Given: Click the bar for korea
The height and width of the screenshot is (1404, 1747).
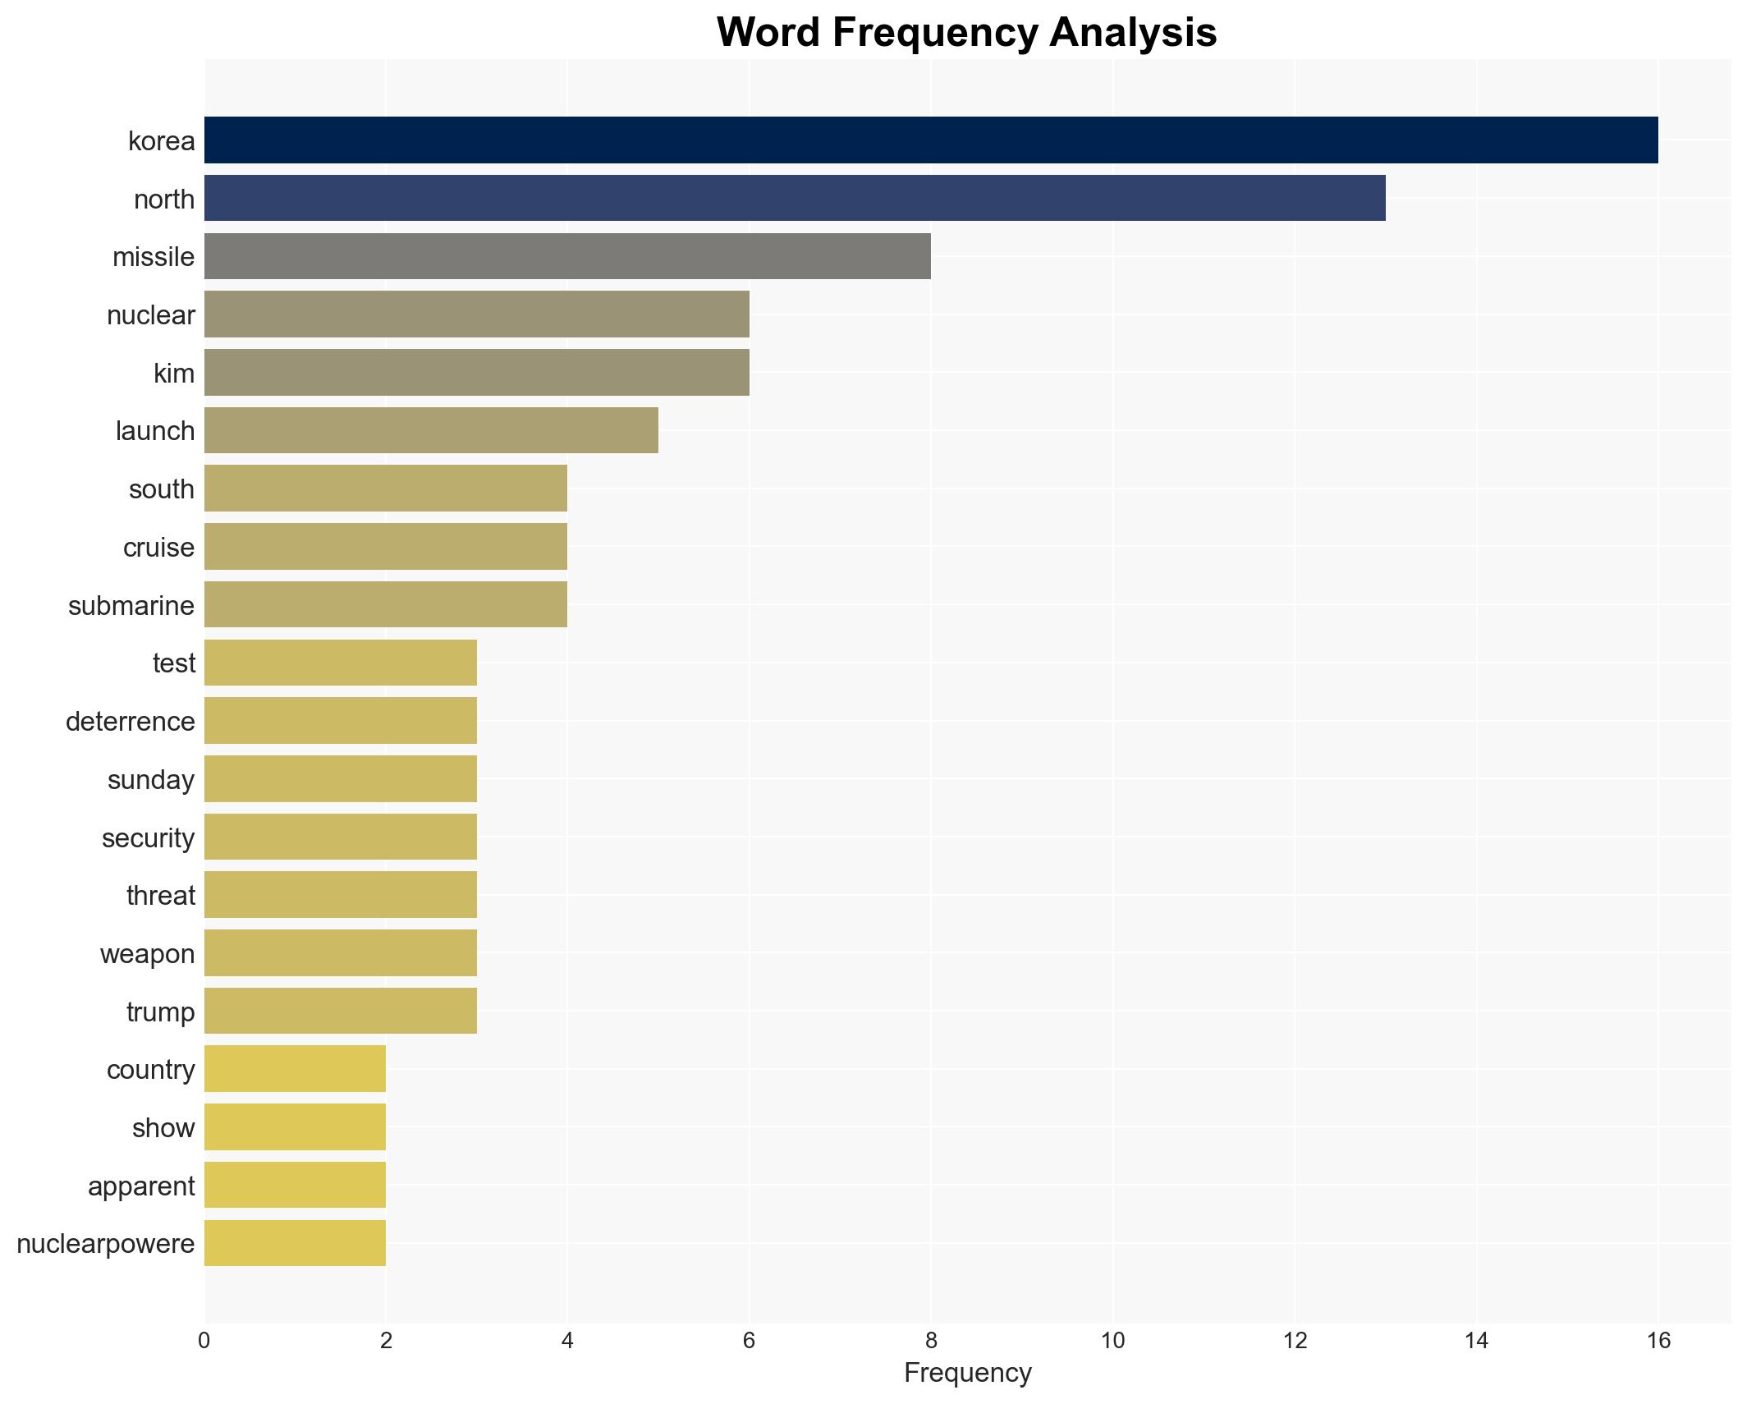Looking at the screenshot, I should point(930,140).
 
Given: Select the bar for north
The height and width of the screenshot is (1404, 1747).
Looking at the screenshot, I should point(794,199).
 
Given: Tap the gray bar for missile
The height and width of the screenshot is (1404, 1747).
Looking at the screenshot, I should point(566,257).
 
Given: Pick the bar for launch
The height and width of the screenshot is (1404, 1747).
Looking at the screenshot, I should point(430,431).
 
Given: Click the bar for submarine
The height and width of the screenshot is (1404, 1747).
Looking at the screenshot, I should point(385,605).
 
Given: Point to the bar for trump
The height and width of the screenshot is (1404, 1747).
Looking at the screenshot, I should point(340,1012).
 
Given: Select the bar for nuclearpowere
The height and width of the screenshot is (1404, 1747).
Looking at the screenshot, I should point(295,1244).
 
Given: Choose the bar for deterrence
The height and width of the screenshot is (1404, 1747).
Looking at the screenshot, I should point(340,721).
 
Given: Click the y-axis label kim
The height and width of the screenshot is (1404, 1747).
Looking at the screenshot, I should point(174,374).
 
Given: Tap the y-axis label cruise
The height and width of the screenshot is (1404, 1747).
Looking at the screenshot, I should point(158,548).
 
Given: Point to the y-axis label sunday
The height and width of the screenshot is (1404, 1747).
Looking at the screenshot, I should point(151,780).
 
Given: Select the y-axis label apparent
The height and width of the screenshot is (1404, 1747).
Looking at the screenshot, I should point(141,1186).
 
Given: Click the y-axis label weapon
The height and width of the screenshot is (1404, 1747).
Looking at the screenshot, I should point(148,954).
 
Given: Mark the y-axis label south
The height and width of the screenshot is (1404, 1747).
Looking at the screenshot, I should point(162,489).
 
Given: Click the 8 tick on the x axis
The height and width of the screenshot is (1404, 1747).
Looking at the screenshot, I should point(930,1342).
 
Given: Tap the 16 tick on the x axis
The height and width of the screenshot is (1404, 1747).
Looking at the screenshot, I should point(1658,1342).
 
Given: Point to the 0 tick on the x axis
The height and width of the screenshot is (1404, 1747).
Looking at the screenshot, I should point(204,1342).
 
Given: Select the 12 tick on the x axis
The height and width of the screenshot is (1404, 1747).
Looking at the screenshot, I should point(1294,1342).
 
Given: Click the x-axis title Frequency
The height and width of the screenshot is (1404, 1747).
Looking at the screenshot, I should point(967,1373).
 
